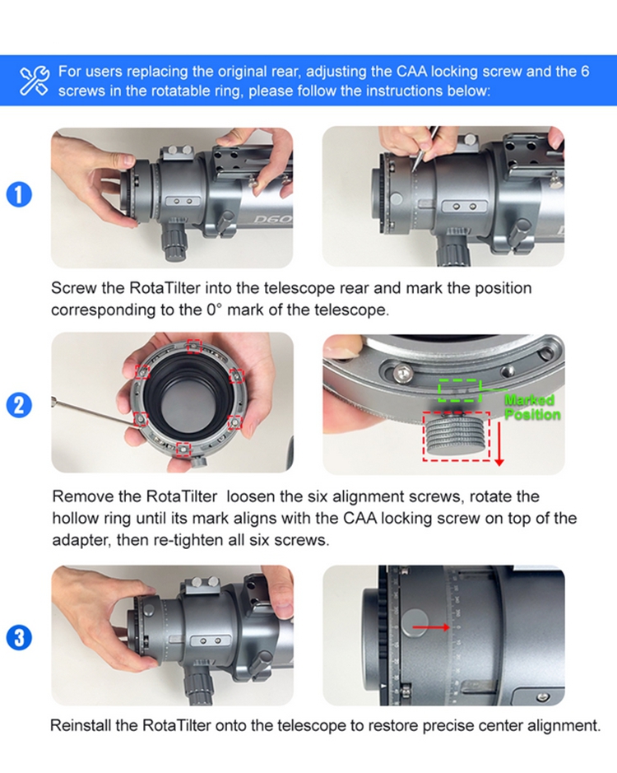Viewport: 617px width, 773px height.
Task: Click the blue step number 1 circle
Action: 19,194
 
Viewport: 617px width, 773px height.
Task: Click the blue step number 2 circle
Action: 19,405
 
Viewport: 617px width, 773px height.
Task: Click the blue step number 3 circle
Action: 19,637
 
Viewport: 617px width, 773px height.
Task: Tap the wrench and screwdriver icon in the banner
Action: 35,81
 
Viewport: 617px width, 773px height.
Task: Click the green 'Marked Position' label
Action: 532,407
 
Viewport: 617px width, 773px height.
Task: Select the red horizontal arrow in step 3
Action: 431,627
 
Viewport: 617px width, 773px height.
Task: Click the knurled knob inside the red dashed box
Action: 456,435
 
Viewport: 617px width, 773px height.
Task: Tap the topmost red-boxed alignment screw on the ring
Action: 194,347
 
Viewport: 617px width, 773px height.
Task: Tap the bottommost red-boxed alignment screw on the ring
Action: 183,449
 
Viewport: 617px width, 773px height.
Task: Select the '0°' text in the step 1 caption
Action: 215,310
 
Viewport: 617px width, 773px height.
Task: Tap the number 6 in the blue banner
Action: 584,72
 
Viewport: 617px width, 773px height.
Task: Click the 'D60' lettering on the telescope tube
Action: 272,218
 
